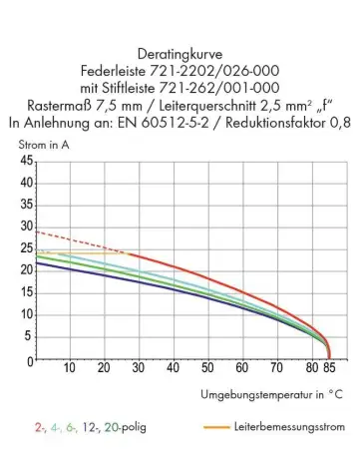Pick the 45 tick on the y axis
[27, 161]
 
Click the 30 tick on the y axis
[27, 226]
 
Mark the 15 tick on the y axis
[27, 292]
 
